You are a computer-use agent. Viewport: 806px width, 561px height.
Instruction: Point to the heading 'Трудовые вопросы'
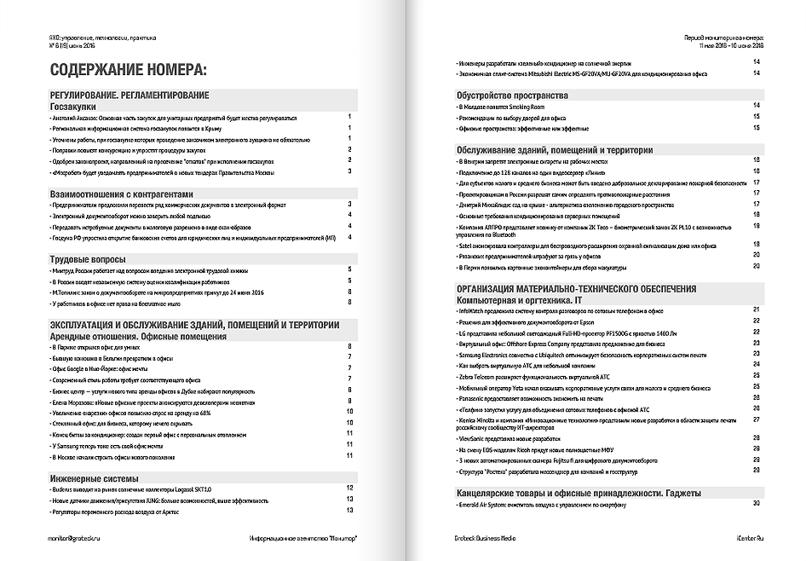pyautogui.click(x=89, y=258)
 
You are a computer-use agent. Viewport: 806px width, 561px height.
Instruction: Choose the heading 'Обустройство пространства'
pyautogui.click(x=512, y=95)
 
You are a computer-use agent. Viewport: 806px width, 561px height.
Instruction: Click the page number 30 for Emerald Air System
pyautogui.click(x=756, y=504)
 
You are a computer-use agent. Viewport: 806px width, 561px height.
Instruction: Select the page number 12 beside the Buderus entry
pyautogui.click(x=348, y=489)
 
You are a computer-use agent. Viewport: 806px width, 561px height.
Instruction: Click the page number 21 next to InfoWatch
pyautogui.click(x=756, y=309)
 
